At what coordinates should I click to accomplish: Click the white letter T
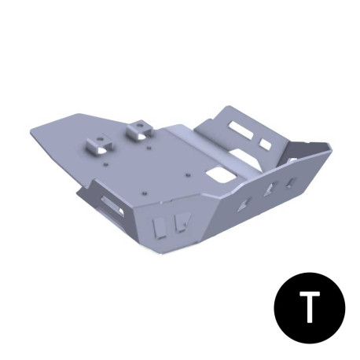pyautogui.click(x=312, y=309)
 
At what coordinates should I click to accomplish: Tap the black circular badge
pyautogui.click(x=312, y=309)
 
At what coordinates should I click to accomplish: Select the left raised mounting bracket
pyautogui.click(x=100, y=146)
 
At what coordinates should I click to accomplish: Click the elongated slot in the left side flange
pyautogui.click(x=108, y=207)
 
